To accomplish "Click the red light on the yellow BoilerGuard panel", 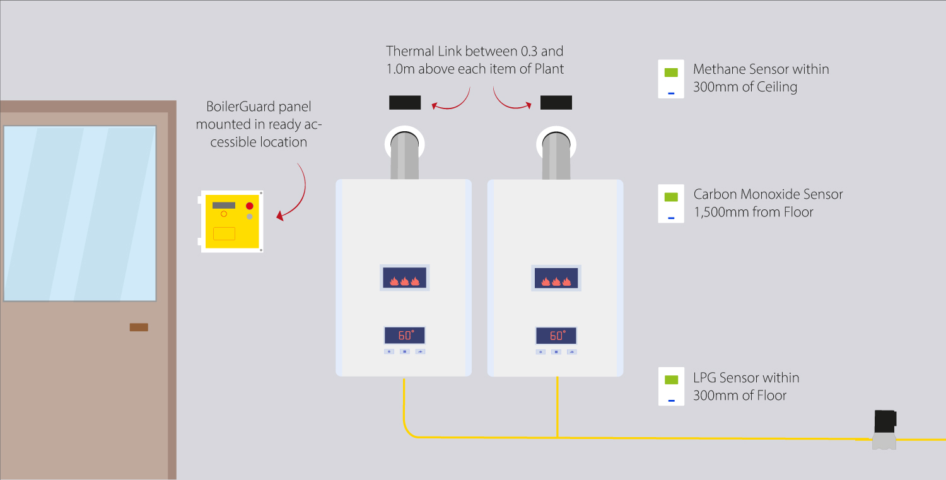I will (x=250, y=206).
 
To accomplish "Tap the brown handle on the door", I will (x=139, y=327).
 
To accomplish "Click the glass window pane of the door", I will (x=79, y=213).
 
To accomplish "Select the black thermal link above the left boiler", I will (x=405, y=102).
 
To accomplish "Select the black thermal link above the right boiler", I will (x=556, y=102).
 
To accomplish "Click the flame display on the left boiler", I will (x=404, y=278).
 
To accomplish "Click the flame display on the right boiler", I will (x=556, y=278).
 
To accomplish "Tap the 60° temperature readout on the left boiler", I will (x=404, y=335).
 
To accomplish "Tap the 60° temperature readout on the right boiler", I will (x=556, y=336).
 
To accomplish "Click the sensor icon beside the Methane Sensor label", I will (x=671, y=79).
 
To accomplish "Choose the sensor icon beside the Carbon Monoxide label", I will (x=671, y=203).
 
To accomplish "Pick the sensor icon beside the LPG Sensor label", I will (x=671, y=386).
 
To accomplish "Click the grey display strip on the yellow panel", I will (x=224, y=206).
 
